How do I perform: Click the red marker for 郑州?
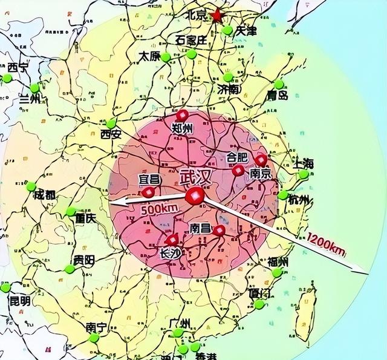click(x=182, y=116)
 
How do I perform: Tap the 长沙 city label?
click(x=169, y=255)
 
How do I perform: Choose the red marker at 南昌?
click(x=219, y=231)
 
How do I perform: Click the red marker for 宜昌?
click(x=149, y=192)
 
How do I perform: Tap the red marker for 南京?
click(x=261, y=160)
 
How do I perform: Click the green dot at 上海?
click(x=304, y=175)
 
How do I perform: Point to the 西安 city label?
click(x=111, y=134)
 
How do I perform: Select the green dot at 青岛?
click(x=279, y=85)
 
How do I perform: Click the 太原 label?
click(x=150, y=55)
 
